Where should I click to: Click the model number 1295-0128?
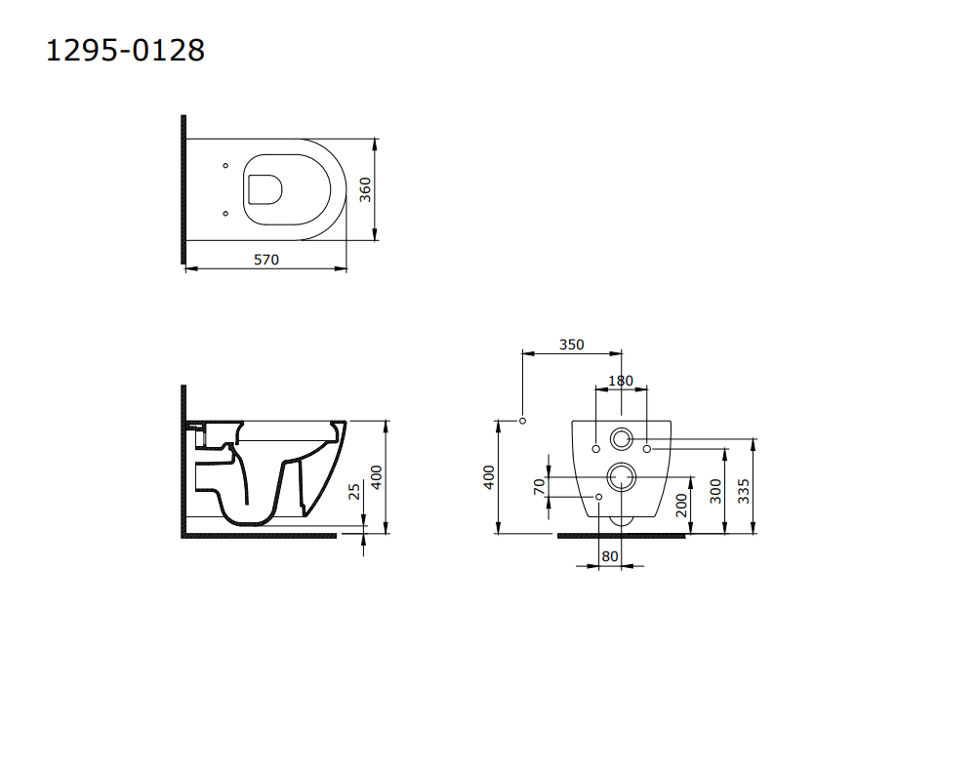click(125, 50)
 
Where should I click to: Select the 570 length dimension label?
click(266, 260)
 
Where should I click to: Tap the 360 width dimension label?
click(365, 189)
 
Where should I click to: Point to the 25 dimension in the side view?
click(354, 491)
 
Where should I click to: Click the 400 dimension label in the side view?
click(376, 477)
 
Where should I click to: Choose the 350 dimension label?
click(571, 345)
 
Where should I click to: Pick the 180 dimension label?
click(621, 381)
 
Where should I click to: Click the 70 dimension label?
click(540, 486)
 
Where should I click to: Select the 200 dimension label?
click(681, 506)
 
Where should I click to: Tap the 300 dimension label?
click(715, 492)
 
